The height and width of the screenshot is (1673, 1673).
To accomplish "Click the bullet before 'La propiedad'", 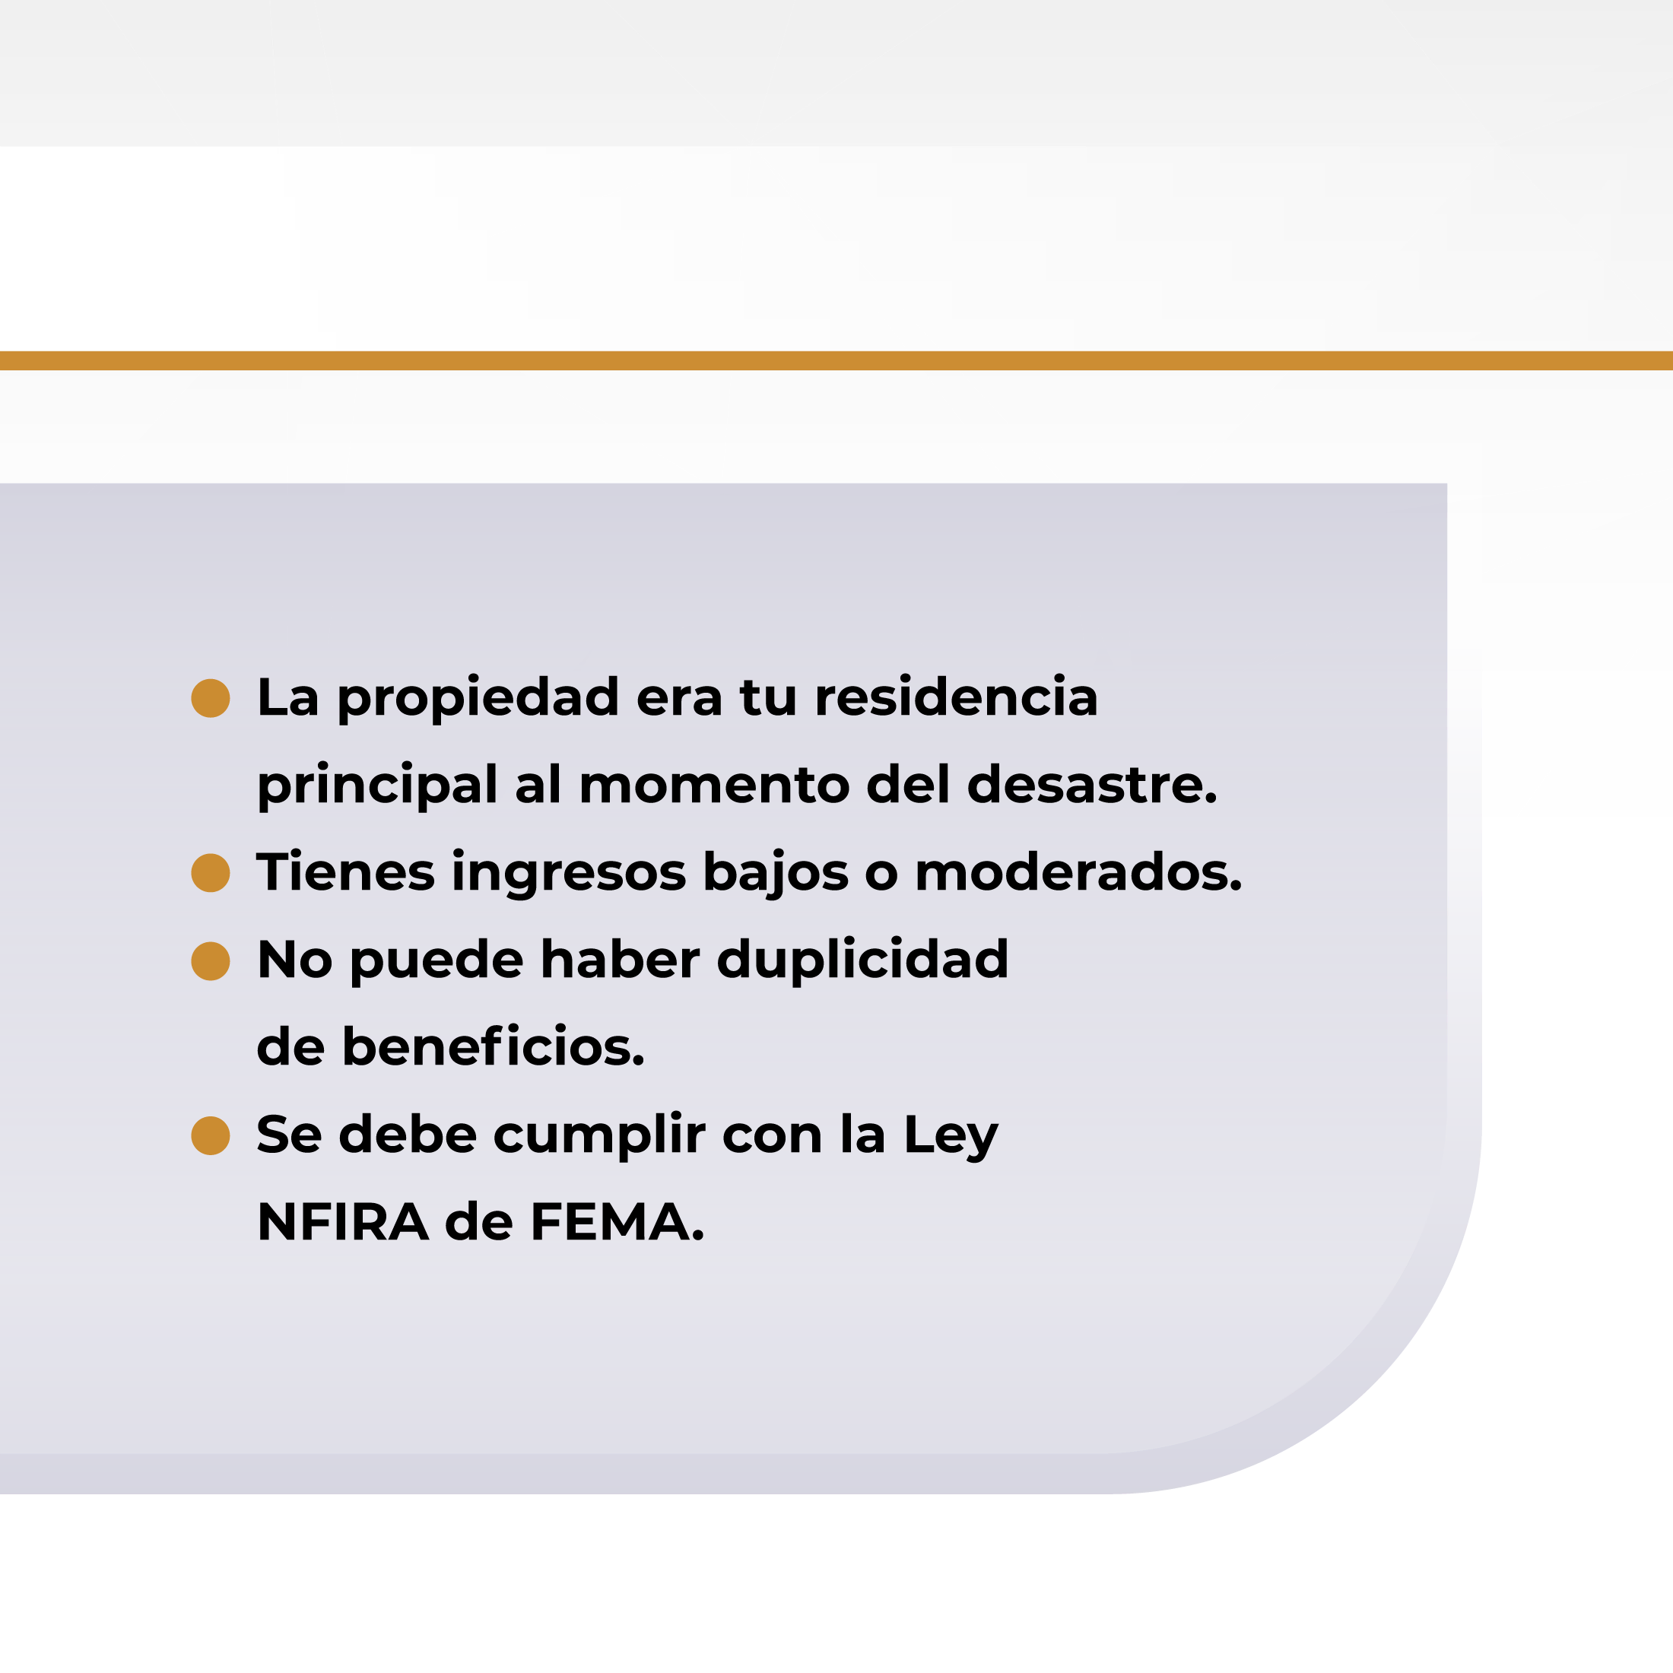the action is [x=211, y=698].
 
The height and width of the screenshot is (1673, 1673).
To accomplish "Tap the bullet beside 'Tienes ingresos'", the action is [x=211, y=872].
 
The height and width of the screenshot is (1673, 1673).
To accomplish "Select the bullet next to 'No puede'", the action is [x=211, y=961].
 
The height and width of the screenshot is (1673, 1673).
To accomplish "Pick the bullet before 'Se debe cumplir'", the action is [x=211, y=1135].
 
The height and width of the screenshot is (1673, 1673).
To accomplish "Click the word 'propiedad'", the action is [x=478, y=700].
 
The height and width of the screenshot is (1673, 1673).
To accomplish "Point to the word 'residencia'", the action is [x=956, y=697].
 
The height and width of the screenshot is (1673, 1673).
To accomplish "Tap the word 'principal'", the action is [x=377, y=787].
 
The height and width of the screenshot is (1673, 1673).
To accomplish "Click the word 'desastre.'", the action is [x=1092, y=785].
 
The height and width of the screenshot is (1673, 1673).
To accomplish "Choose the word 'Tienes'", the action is [x=345, y=872].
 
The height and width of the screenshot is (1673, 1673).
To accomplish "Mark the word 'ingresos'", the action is [x=569, y=875].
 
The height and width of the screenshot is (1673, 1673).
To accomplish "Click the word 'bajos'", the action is [x=776, y=875].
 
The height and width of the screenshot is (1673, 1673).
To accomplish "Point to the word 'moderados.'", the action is [x=1079, y=872].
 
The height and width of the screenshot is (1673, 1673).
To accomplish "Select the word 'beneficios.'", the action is [x=494, y=1047].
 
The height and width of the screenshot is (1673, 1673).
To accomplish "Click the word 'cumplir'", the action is [x=599, y=1137].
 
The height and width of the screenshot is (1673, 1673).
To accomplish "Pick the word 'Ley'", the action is [x=951, y=1137].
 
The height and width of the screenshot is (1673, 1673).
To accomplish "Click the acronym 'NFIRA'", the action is [x=343, y=1223].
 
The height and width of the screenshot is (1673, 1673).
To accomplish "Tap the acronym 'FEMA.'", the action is [x=617, y=1223].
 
